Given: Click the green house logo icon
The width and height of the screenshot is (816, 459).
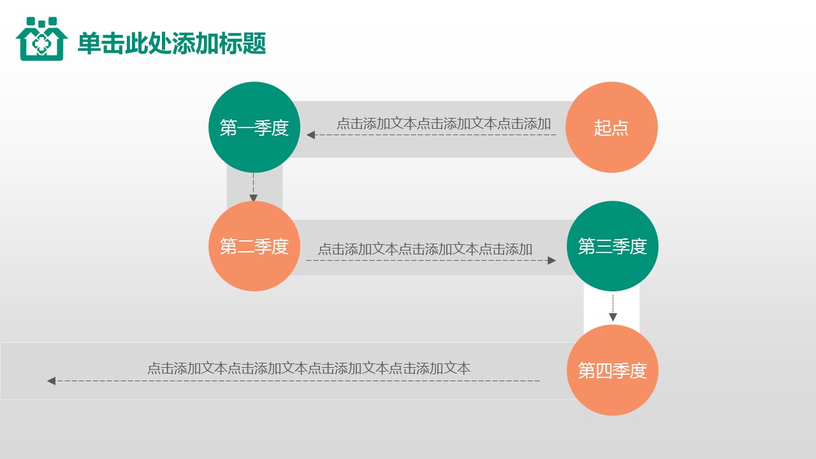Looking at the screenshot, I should (x=41, y=40).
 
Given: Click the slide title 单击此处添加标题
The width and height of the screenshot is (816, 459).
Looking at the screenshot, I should (x=171, y=43).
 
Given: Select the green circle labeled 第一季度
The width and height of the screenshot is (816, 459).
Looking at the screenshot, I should (x=254, y=127).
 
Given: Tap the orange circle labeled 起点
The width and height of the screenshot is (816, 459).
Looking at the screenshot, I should (x=611, y=127).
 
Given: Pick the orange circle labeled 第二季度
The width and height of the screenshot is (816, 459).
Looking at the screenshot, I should (x=254, y=246).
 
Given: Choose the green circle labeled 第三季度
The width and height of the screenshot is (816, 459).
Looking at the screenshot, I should (x=612, y=246).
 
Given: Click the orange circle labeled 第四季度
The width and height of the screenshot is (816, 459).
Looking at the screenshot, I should (x=612, y=370).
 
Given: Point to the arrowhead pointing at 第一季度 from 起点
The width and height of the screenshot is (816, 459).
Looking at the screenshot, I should (x=310, y=135).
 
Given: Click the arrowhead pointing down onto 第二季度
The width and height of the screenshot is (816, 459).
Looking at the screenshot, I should (x=253, y=198).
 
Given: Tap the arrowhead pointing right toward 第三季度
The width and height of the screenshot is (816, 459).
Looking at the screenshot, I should (x=552, y=260).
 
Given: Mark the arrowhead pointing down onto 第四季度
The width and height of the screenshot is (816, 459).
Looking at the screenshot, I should (x=613, y=317).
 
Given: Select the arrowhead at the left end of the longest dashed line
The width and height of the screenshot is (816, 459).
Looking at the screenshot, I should (x=51, y=381).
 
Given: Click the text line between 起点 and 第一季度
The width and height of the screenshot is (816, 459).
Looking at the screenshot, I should (x=444, y=124).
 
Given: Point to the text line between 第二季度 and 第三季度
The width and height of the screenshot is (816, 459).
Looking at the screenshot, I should (x=425, y=249).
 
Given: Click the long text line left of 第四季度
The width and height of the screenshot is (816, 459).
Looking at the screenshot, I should (x=309, y=368).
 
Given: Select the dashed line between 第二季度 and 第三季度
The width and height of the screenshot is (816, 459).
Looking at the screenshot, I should (x=427, y=260).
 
